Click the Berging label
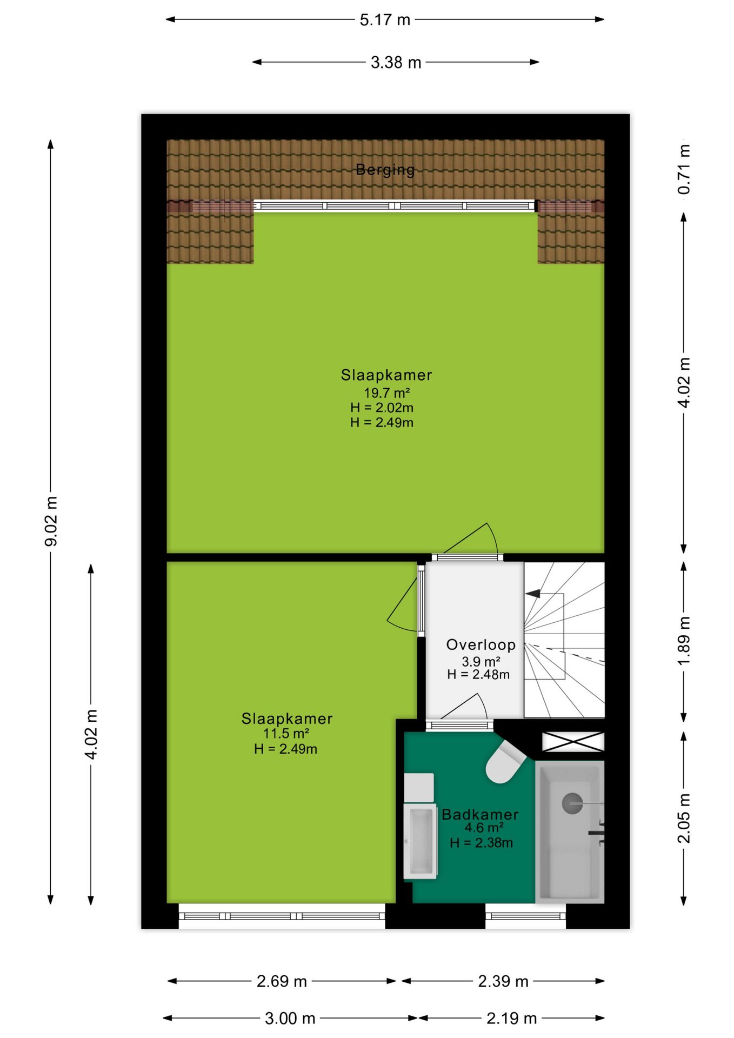pos(385,170)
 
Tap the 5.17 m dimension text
pos(385,20)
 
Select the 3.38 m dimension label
pos(396,63)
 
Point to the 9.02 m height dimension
pos(51,521)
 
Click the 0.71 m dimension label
pos(684,169)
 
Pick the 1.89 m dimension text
pos(684,641)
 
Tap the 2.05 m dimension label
pos(684,818)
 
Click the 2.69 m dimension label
pos(282,981)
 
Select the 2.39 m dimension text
pos(503,981)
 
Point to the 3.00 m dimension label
pos(290,1019)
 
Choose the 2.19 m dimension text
pos(511,1019)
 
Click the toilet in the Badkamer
pos(505,762)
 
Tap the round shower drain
pos(572,803)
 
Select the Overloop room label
pos(481,645)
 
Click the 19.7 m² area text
pos(386,393)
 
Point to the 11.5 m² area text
pos(286,734)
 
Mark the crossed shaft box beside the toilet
pos(573,742)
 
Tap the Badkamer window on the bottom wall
pos(525,916)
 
